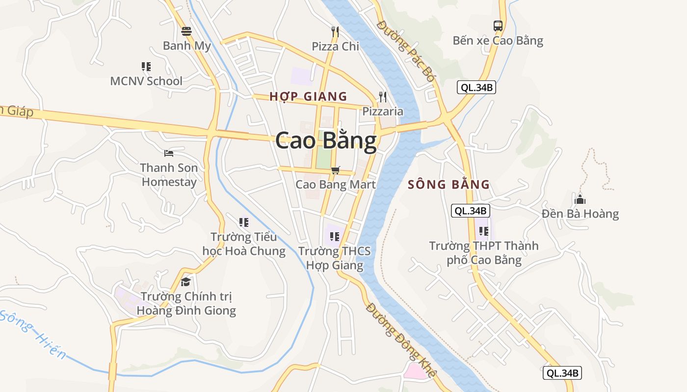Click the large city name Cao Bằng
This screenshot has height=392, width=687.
pyautogui.click(x=326, y=141)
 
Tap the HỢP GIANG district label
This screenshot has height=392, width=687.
pyautogui.click(x=308, y=97)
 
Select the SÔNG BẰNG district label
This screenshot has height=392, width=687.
pyautogui.click(x=449, y=185)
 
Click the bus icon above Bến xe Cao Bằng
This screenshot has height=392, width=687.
pyautogui.click(x=498, y=26)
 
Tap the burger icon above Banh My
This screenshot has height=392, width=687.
pyautogui.click(x=186, y=32)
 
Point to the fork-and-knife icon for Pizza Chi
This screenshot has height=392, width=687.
pyautogui.click(x=335, y=32)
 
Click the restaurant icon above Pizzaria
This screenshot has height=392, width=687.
pyautogui.click(x=383, y=97)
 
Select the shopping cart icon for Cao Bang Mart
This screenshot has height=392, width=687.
pyautogui.click(x=335, y=170)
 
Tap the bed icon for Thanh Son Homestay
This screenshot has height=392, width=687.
pyautogui.click(x=169, y=153)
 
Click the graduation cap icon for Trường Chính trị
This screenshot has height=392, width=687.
pyautogui.click(x=185, y=282)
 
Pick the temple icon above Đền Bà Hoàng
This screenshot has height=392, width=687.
pyautogui.click(x=580, y=199)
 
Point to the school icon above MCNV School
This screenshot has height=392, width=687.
pyautogui.click(x=146, y=67)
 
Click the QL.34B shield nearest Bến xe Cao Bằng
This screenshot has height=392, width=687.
pyautogui.click(x=476, y=88)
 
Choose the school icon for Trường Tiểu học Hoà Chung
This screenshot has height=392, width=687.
pyautogui.click(x=243, y=222)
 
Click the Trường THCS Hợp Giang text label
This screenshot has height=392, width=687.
pyautogui.click(x=335, y=258)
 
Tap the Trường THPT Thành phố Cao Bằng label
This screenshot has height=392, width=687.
pyautogui.click(x=484, y=252)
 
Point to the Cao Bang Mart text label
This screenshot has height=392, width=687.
pyautogui.click(x=336, y=185)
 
